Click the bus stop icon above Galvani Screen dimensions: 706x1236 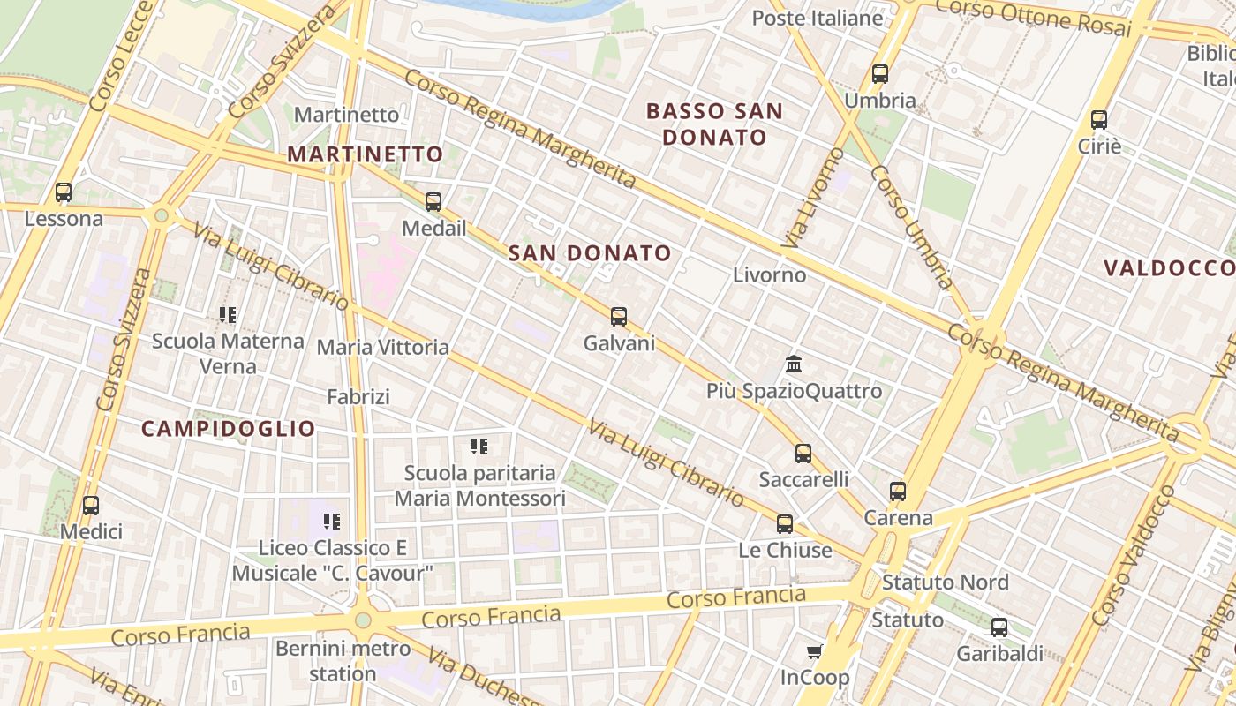619,316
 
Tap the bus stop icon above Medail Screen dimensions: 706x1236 433,202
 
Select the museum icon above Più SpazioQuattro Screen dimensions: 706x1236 793,364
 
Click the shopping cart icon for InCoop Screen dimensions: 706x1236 814,652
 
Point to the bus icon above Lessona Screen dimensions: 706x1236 63,192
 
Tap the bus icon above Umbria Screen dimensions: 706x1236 879,74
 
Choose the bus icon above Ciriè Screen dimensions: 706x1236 1098,120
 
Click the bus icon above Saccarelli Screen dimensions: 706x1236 803,454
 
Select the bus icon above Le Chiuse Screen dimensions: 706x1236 784,524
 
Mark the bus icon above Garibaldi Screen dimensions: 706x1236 999,627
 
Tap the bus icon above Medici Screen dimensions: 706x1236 90,506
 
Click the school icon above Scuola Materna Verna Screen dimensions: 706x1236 228,314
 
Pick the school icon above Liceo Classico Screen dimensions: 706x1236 332,522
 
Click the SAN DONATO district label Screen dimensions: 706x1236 590,253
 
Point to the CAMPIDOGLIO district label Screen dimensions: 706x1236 229,429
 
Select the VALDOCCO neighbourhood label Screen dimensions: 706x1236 1168,268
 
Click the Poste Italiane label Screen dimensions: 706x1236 818,18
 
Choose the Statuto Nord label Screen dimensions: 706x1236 945,582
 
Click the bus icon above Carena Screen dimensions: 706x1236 897,492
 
